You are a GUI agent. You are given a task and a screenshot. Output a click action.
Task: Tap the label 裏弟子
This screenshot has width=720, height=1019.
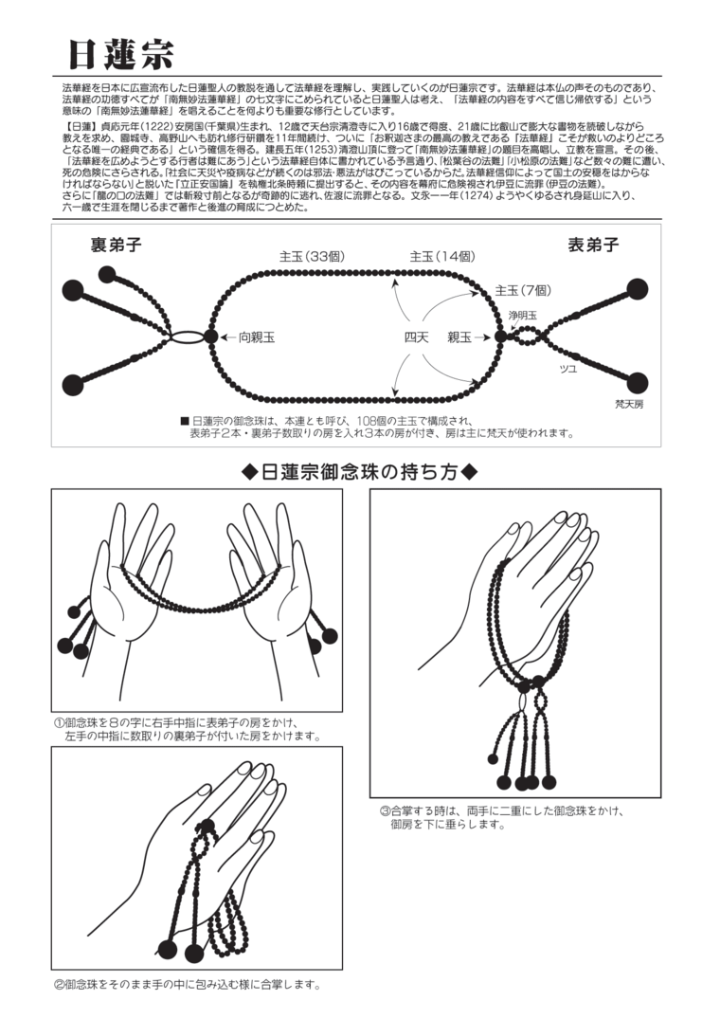(x=117, y=245)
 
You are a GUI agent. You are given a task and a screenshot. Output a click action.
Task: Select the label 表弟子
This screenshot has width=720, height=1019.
(x=593, y=245)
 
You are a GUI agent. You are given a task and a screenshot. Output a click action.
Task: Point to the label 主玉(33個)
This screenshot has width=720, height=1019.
(x=312, y=257)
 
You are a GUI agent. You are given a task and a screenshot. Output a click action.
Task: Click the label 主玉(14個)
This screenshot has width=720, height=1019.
(x=442, y=257)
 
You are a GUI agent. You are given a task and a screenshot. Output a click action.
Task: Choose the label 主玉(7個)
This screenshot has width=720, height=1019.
(x=523, y=290)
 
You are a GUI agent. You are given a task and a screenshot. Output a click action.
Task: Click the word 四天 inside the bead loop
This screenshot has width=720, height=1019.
(x=416, y=337)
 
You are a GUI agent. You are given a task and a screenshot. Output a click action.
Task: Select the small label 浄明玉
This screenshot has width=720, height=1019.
(x=523, y=316)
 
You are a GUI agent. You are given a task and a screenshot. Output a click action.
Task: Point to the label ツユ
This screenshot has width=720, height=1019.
(x=568, y=369)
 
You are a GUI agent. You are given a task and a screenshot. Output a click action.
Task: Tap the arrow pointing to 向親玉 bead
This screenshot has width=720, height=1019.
(x=228, y=337)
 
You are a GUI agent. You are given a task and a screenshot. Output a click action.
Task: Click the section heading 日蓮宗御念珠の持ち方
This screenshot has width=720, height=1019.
(x=359, y=472)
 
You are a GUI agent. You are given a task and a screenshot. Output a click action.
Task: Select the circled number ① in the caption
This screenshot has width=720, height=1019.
(x=59, y=722)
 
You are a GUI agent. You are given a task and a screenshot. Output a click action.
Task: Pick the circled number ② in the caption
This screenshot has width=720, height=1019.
(x=59, y=985)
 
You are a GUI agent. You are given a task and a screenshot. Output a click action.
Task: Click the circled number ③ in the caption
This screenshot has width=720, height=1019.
(x=385, y=811)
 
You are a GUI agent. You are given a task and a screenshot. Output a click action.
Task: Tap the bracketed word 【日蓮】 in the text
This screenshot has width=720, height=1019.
(x=79, y=126)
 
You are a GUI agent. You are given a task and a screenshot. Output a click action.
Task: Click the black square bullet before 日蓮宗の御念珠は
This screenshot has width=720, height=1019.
(x=185, y=420)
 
